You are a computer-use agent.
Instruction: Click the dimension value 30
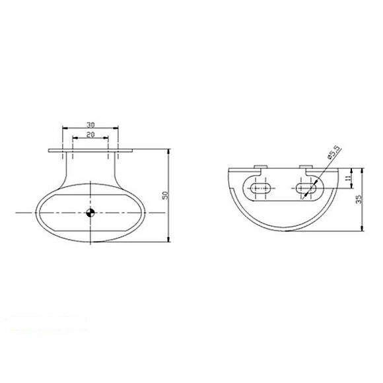[90, 123]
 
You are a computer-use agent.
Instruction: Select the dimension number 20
[90, 133]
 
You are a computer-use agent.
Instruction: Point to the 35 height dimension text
[359, 199]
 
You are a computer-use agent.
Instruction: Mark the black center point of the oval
[90, 212]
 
